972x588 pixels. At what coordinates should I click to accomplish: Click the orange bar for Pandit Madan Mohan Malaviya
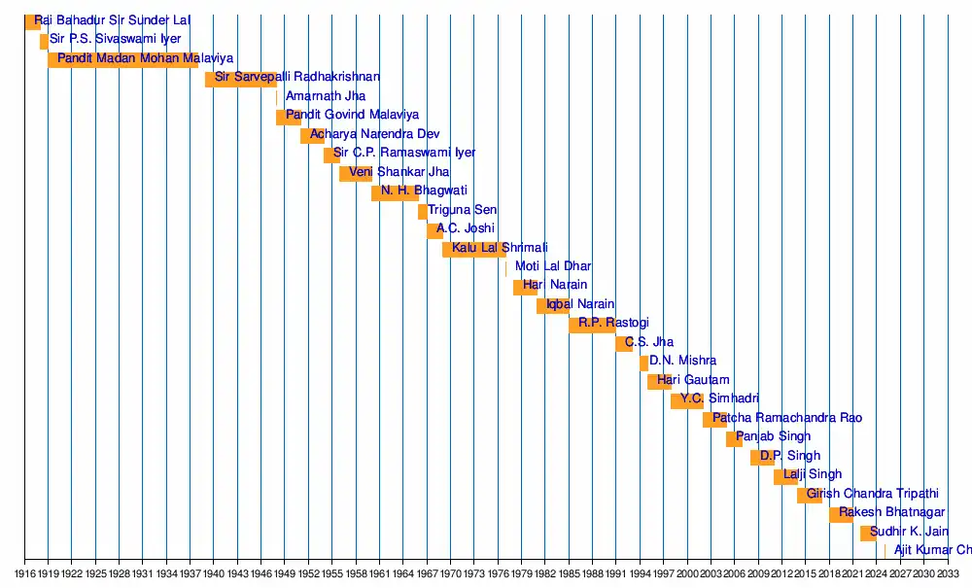[122, 59]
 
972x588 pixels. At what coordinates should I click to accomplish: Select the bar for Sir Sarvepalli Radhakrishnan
[240, 79]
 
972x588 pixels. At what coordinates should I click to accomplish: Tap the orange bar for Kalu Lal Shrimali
[473, 249]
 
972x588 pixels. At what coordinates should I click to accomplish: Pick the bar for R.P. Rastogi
[592, 325]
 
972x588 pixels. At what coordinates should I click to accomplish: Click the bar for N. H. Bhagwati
[395, 192]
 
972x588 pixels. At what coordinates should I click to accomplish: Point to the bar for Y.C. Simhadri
[686, 400]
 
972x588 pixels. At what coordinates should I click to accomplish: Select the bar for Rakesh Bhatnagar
[841, 514]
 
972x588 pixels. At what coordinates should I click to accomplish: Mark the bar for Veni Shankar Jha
[356, 173]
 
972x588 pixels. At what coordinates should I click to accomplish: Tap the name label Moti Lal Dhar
[553, 266]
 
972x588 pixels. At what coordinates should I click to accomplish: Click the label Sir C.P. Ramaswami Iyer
[404, 153]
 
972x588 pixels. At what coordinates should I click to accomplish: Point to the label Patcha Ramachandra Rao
[787, 418]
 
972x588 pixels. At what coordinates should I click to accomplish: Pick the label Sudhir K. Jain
[909, 532]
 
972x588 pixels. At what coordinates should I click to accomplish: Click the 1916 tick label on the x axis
[24, 573]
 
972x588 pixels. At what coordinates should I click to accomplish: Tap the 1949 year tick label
[285, 573]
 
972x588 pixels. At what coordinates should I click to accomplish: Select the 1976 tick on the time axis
[498, 573]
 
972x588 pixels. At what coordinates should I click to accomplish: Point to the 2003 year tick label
[712, 573]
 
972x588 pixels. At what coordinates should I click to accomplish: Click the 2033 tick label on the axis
[949, 573]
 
